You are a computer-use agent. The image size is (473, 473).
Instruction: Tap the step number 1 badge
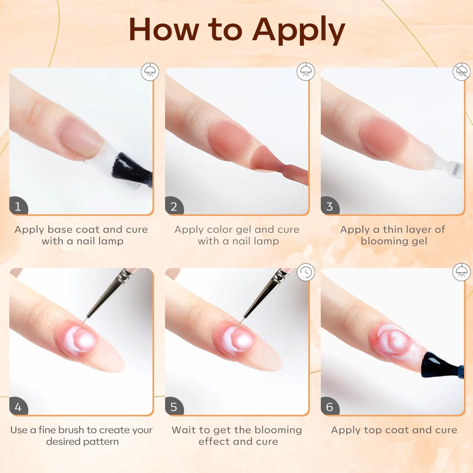tap(19, 206)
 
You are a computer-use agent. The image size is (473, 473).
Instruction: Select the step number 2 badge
tap(174, 206)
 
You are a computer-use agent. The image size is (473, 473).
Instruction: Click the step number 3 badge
tap(330, 206)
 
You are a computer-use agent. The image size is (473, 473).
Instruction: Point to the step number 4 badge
tap(19, 406)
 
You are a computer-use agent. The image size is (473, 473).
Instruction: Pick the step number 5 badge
tap(174, 406)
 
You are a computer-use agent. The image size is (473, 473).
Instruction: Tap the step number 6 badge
tap(330, 406)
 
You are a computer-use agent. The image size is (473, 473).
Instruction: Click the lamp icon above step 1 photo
tap(150, 72)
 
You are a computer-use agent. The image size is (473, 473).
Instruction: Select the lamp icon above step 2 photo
tap(306, 72)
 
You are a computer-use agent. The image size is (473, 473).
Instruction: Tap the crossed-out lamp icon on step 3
tap(461, 72)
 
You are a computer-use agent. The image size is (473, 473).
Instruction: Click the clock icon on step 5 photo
tap(306, 272)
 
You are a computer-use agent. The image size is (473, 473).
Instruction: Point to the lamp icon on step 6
tap(461, 272)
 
